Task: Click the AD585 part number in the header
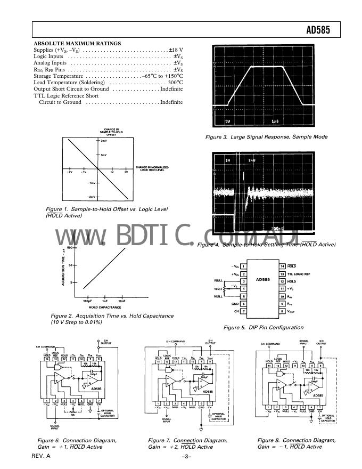click(318, 30)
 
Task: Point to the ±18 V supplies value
click(176, 50)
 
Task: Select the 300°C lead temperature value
click(175, 83)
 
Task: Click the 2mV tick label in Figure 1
click(105, 141)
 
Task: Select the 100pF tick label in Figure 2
click(88, 302)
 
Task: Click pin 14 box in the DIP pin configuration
click(283, 265)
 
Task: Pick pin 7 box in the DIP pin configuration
click(243, 311)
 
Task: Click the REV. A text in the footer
click(41, 457)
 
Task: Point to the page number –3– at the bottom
click(186, 457)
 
